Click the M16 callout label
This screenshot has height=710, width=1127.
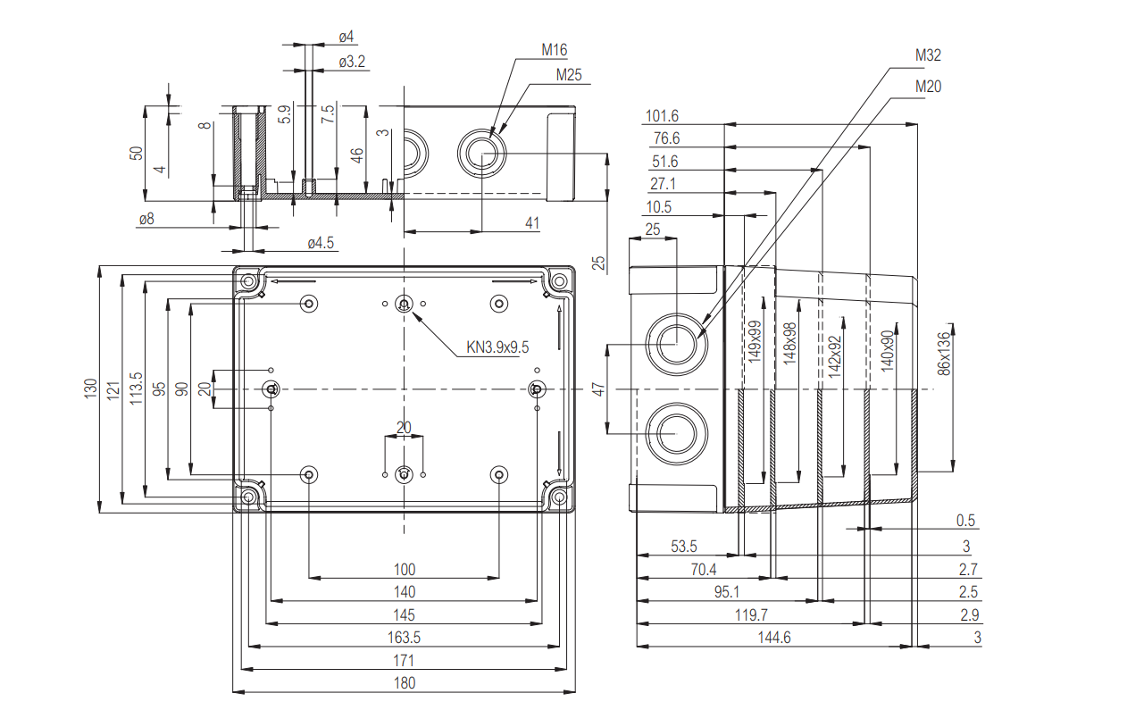[554, 51]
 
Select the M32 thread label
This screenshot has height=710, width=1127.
[929, 55]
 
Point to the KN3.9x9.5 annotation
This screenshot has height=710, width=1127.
[497, 347]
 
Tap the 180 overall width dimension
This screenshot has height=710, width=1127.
[405, 683]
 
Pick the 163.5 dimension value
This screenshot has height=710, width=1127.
[405, 638]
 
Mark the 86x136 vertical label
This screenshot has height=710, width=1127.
[944, 355]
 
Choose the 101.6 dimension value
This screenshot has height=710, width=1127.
[662, 116]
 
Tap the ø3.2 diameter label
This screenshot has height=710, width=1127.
[352, 62]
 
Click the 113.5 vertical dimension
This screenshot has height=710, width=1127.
[136, 388]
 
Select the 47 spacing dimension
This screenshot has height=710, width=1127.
[598, 389]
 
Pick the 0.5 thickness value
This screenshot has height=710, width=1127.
[965, 521]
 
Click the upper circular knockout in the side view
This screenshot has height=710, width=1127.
[675, 344]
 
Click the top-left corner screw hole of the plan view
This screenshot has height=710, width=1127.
[248, 282]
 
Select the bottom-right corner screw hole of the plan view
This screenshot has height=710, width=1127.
[559, 496]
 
